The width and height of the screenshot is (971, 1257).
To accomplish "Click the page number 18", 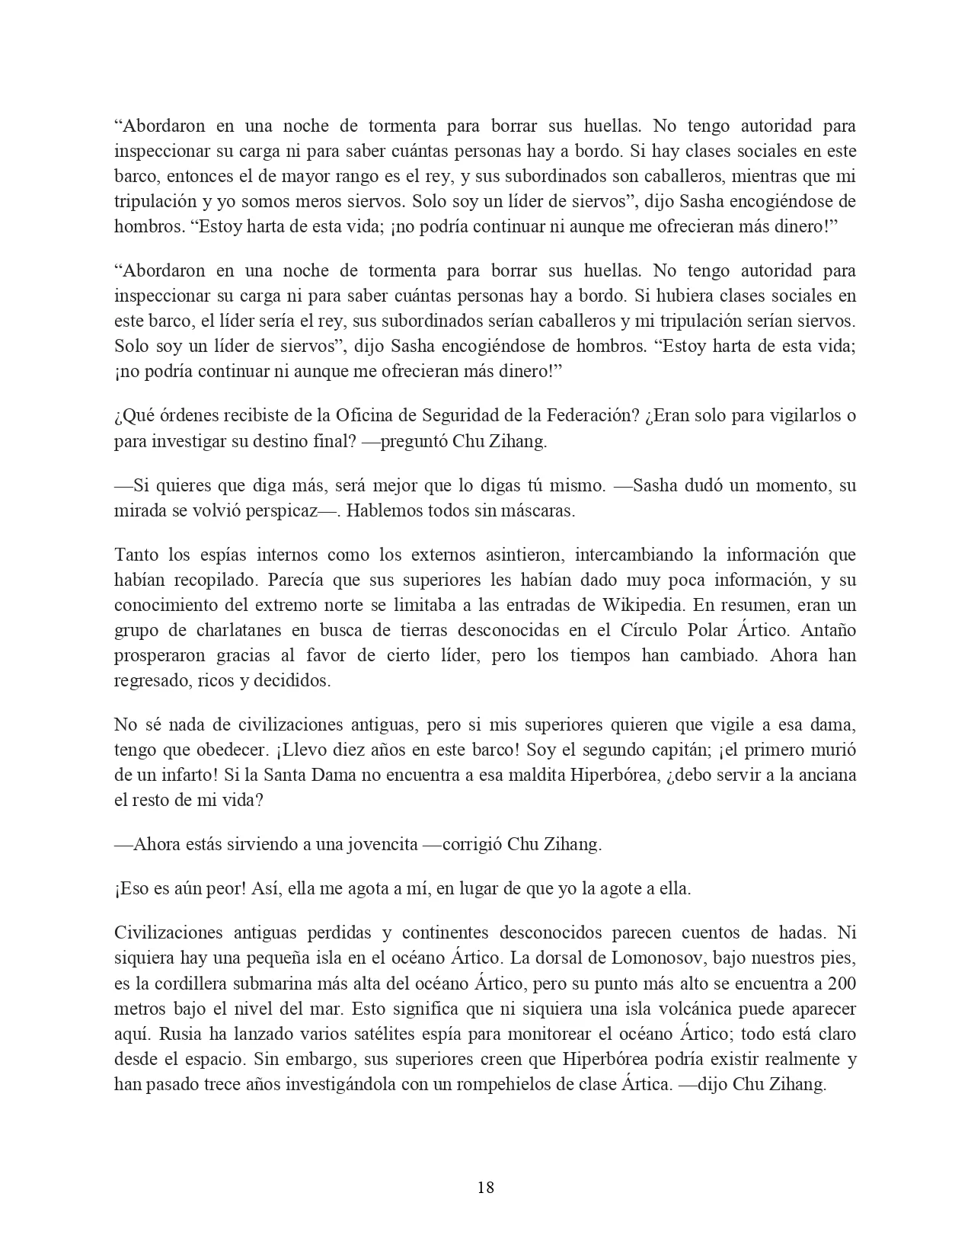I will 485,1187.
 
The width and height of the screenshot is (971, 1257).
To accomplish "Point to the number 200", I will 841,983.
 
